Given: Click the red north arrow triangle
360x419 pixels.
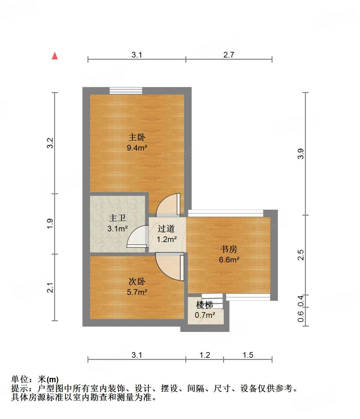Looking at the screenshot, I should coord(55,56).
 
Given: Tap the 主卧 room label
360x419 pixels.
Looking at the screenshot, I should coord(137,137).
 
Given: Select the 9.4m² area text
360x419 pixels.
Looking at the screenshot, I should coord(137,148).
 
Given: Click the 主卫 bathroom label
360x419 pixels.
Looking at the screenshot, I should coord(117,218).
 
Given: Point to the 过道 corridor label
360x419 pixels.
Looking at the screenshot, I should coord(166,229).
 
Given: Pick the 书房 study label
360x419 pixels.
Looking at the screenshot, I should coord(229,249).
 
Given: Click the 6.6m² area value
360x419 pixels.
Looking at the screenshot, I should coord(229,260).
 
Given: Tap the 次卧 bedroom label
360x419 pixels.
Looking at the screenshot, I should coord(137,281).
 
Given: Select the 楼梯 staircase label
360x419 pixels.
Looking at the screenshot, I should coord(205,305).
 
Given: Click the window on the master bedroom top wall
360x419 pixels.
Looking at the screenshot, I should coord(126,91).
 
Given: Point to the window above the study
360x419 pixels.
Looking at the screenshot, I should coord(226,213).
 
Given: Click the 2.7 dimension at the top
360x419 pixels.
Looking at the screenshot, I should coord(229,55).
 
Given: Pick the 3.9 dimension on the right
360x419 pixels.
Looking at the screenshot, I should coord(301,154).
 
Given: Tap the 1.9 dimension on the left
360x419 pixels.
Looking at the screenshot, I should coord(50,223).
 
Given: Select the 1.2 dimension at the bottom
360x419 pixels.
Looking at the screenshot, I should coord(205,355).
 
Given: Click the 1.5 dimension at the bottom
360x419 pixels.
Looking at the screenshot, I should coord(248,355).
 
